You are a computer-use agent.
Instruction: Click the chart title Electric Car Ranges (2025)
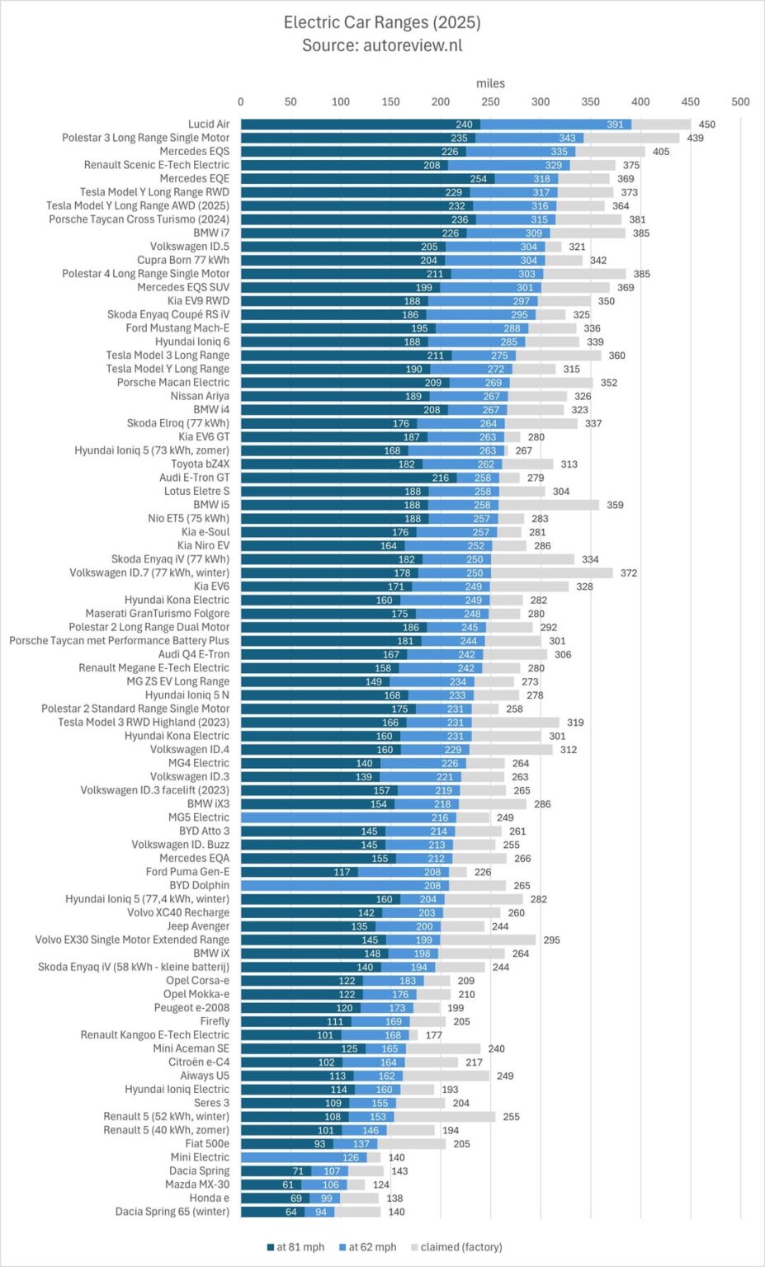[x=382, y=22]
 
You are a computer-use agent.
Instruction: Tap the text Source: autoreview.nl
[x=382, y=45]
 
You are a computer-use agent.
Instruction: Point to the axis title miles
[x=490, y=83]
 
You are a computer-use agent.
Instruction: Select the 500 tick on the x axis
[x=740, y=102]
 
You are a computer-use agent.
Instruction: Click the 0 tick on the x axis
[x=241, y=102]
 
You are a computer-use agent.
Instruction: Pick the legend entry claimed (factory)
[x=460, y=1246]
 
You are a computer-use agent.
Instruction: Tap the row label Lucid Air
[x=209, y=125]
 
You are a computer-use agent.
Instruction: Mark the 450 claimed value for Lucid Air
[x=707, y=125]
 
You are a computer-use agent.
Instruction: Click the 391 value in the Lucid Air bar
[x=615, y=125]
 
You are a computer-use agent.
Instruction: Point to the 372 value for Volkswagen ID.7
[x=629, y=572]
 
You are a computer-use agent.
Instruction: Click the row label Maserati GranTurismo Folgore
[x=158, y=614]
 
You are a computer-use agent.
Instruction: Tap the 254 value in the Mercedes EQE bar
[x=479, y=179]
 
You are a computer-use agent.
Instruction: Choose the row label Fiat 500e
[x=207, y=1143]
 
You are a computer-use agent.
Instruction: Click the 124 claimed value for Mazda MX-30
[x=380, y=1185]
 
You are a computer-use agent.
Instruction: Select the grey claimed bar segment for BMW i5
[x=549, y=505]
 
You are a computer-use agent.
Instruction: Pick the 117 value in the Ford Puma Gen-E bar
[x=342, y=872]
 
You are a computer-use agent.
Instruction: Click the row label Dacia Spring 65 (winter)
[x=172, y=1212]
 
